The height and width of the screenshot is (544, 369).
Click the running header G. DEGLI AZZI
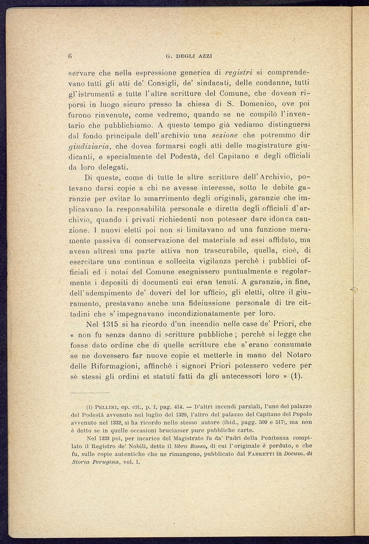coord(189,56)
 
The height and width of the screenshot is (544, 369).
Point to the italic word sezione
coord(225,136)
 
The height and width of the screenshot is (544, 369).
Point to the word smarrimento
coord(148,199)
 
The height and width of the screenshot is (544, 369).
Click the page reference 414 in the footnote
coord(178,407)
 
